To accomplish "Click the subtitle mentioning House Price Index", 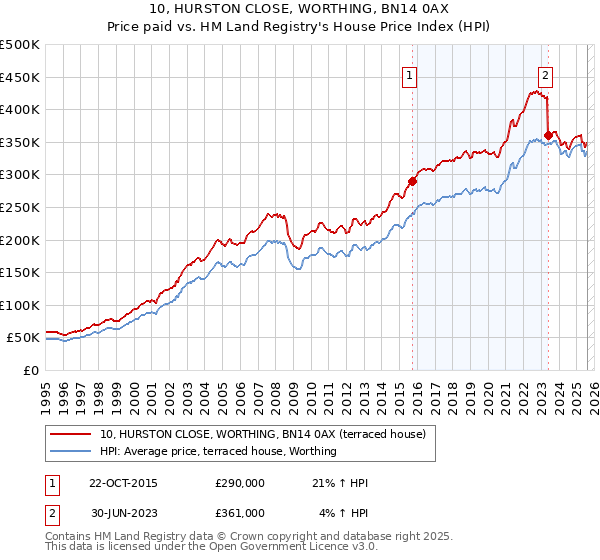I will coord(300,27).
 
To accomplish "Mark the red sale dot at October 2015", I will coord(412,181).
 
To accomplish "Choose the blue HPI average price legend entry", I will coord(218,451).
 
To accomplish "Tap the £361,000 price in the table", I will coord(240,512).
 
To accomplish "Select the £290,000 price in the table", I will coord(240,484).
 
